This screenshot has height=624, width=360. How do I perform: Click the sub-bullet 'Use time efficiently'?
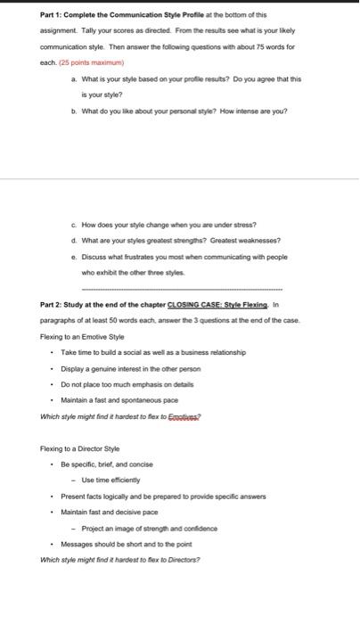[x=119, y=480]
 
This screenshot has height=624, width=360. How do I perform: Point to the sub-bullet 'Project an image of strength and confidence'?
[x=150, y=528]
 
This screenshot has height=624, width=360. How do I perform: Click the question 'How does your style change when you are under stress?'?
[x=173, y=224]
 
